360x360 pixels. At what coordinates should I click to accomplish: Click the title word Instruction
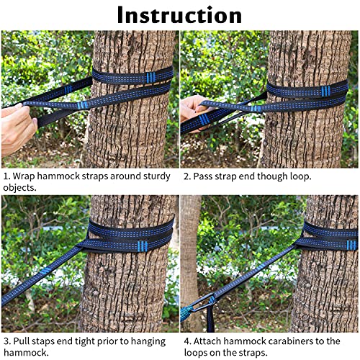tap(179, 14)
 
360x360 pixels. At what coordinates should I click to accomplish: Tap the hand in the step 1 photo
tap(16, 127)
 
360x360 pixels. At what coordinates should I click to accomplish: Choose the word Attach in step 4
tap(211, 341)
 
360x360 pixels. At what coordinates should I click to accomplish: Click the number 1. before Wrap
tap(7, 176)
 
